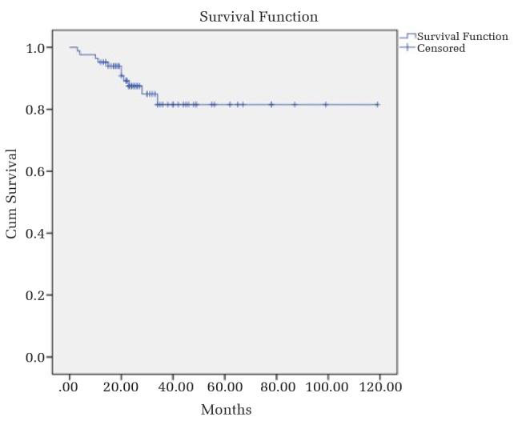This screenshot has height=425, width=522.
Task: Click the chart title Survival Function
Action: pyautogui.click(x=259, y=17)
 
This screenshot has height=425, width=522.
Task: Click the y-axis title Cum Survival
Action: pyautogui.click(x=12, y=193)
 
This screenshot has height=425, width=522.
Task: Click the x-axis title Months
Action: pyautogui.click(x=226, y=410)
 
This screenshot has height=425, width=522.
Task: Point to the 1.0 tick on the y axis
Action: pyautogui.click(x=35, y=48)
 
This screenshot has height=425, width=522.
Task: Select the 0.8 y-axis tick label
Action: pyautogui.click(x=35, y=110)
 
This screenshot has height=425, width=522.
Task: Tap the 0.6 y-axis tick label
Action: pyautogui.click(x=35, y=171)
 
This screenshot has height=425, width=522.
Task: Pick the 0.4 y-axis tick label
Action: pyautogui.click(x=35, y=234)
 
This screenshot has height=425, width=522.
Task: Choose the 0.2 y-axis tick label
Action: pyautogui.click(x=35, y=295)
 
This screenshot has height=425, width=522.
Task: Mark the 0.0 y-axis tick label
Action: pyautogui.click(x=35, y=358)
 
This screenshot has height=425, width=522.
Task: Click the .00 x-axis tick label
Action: pyautogui.click(x=69, y=387)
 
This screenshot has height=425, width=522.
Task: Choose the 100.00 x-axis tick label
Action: pyautogui.click(x=327, y=387)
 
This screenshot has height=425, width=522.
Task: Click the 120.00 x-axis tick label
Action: pyautogui.click(x=379, y=387)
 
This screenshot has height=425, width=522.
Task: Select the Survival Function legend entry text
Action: pyautogui.click(x=462, y=37)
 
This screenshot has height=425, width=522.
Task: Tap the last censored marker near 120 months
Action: pyautogui.click(x=377, y=104)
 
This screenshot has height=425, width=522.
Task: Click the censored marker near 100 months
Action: pyautogui.click(x=326, y=104)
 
